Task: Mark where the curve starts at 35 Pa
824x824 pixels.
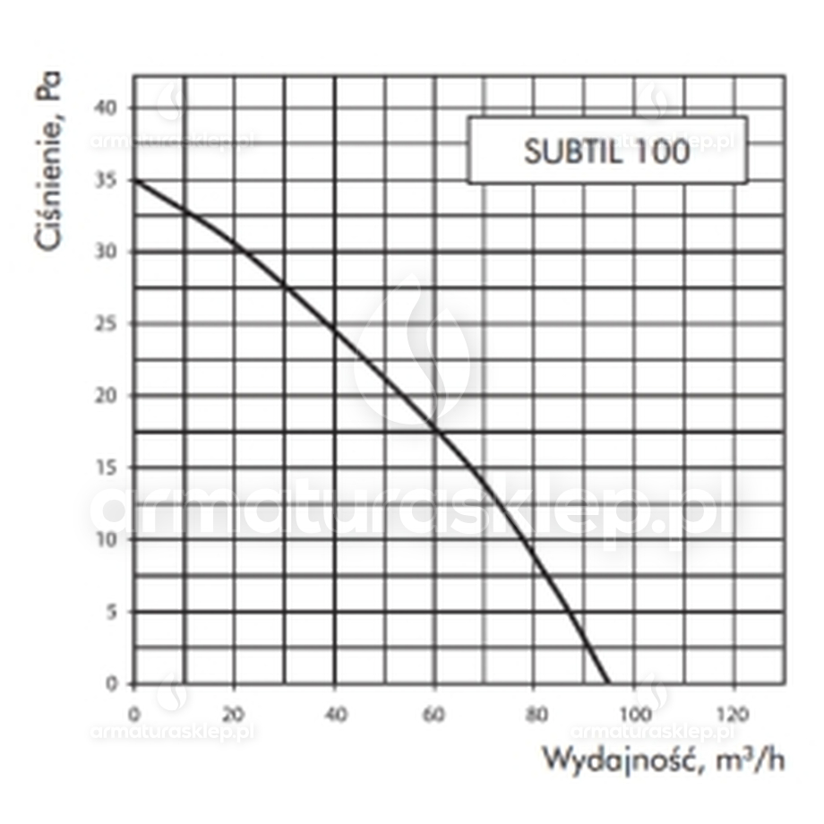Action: coord(134,180)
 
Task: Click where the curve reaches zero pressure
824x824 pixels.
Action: coord(609,683)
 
